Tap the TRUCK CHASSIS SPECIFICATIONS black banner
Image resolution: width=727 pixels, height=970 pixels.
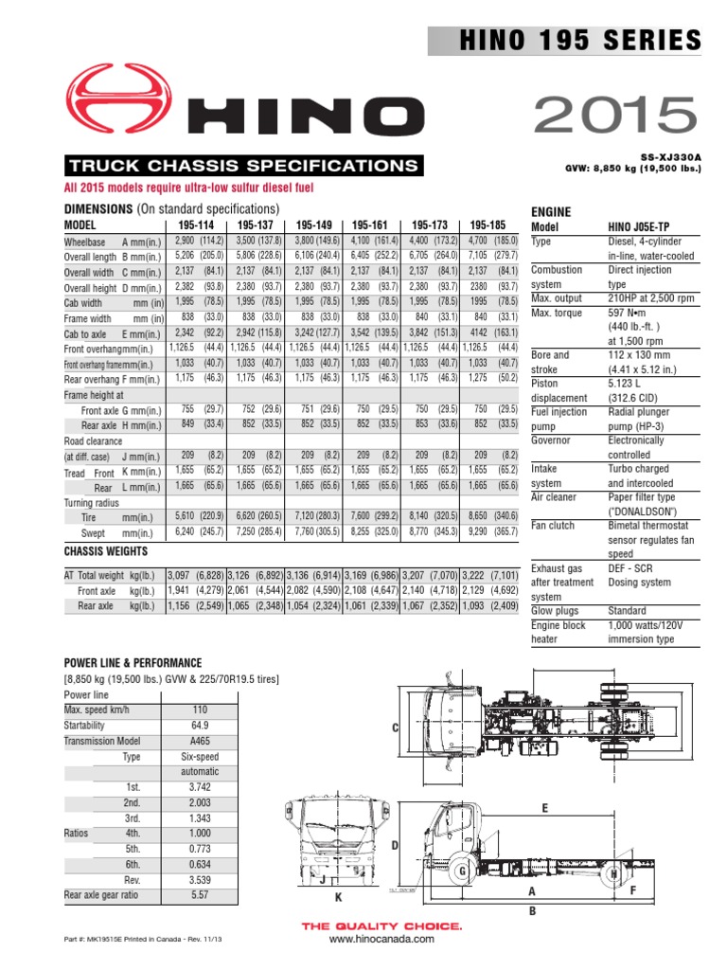[242, 166]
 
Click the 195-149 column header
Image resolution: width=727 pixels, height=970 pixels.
[315, 225]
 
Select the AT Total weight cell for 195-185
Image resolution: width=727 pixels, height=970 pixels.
[490, 575]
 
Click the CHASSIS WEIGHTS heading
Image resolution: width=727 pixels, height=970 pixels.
[108, 550]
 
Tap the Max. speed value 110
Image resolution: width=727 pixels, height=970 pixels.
[200, 710]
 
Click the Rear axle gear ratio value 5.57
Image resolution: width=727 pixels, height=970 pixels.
[200, 894]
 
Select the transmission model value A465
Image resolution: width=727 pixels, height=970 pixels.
[200, 741]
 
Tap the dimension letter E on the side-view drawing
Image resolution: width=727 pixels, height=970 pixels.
[545, 807]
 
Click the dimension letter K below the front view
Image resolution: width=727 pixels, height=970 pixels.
[336, 895]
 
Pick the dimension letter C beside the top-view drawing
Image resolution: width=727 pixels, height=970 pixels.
[397, 727]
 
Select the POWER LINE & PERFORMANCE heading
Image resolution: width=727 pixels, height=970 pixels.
[132, 663]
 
